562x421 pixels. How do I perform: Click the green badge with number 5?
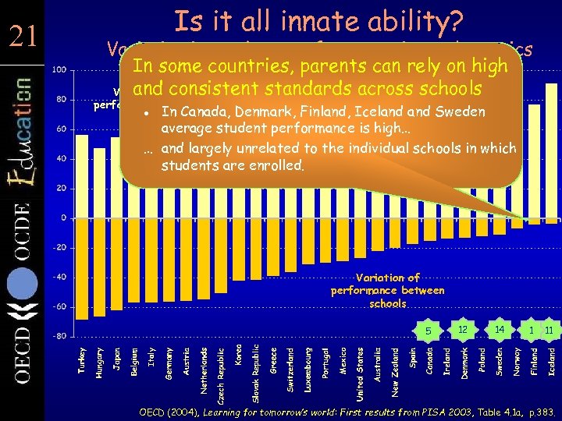[x=428, y=331]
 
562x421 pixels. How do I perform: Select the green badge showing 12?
[x=462, y=329]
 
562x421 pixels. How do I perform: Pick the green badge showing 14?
[x=497, y=329]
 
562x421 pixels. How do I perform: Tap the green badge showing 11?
[x=549, y=331]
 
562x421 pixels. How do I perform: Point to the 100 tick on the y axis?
[x=59, y=70]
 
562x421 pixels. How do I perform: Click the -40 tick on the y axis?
[x=59, y=277]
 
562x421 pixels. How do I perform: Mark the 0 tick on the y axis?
[x=63, y=218]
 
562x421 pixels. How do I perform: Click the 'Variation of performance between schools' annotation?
[x=387, y=290]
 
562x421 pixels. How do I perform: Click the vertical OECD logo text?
[x=22, y=359]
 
